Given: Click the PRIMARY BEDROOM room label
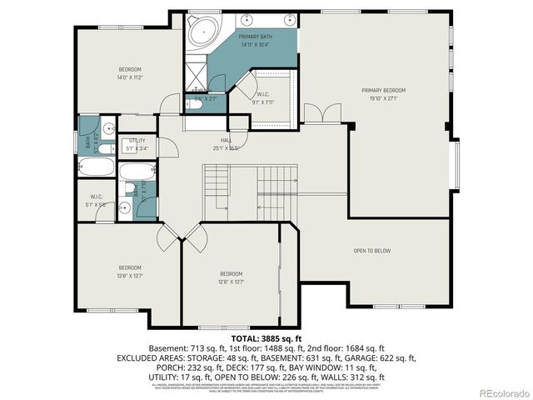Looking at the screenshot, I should tap(383, 90).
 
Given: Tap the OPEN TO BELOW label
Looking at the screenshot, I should tap(371, 251).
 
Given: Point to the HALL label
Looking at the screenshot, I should tap(226, 141).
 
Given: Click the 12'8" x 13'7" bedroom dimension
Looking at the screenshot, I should tap(231, 281).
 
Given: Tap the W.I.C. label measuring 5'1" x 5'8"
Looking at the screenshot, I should tap(97, 198).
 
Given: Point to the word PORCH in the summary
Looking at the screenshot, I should tap(161, 367).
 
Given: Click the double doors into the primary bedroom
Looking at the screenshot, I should tap(321, 114).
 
